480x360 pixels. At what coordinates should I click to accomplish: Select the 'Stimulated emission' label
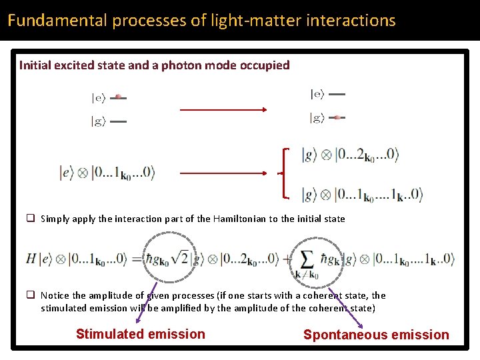141,335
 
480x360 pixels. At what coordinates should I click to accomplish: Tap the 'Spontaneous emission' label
376,335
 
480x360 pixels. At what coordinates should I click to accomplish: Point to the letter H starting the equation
31,258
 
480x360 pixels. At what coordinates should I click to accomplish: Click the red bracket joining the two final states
285,173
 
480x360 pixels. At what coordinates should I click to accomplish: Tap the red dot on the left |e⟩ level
118,97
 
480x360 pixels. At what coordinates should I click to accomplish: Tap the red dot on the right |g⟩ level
337,118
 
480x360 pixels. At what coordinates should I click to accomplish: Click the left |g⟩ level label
98,121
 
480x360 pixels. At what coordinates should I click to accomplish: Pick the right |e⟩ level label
317,95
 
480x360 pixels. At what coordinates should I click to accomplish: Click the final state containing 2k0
350,155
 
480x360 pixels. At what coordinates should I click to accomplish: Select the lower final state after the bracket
362,195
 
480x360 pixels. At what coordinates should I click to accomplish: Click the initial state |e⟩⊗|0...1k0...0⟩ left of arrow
107,173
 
